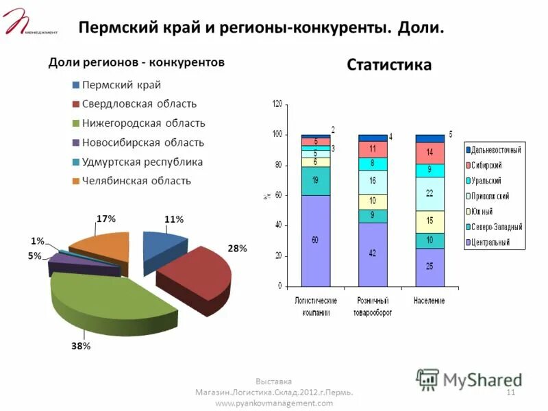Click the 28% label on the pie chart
pyautogui.click(x=238, y=249)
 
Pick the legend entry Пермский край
pyautogui.click(x=121, y=85)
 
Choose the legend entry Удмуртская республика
pyautogui.click(x=142, y=162)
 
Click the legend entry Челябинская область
pyautogui.click(x=136, y=182)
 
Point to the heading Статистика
pyautogui.click(x=389, y=65)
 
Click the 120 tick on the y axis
pyautogui.click(x=277, y=104)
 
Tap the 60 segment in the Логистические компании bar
pyautogui.click(x=315, y=240)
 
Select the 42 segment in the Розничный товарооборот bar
pyautogui.click(x=373, y=253)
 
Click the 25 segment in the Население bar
pyautogui.click(x=429, y=266)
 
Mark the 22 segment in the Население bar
pyautogui.click(x=429, y=194)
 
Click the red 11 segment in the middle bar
pyautogui.click(x=373, y=149)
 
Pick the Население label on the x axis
pyautogui.click(x=429, y=301)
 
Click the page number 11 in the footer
pyautogui.click(x=510, y=392)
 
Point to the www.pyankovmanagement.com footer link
pyautogui.click(x=274, y=403)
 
